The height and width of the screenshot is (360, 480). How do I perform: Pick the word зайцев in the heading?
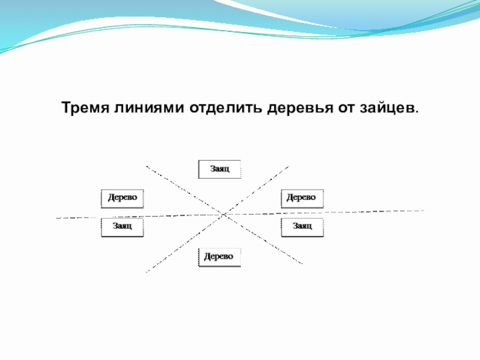point(388,109)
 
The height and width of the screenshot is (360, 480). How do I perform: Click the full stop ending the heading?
point(417,112)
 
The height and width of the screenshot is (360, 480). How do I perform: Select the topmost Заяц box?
point(220,169)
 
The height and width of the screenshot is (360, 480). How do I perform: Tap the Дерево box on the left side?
point(123,197)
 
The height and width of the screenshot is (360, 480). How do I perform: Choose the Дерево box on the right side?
point(302,197)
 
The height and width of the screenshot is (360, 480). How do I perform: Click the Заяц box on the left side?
point(123,227)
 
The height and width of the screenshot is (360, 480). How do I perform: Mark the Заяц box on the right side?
point(302,227)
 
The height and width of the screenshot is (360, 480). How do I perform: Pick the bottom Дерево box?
point(220,257)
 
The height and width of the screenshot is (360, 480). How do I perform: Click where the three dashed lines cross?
point(224,214)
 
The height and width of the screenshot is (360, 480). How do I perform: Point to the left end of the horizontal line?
point(57,218)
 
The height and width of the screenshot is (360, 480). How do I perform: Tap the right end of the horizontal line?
point(424,211)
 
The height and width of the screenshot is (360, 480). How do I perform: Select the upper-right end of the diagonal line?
point(289,166)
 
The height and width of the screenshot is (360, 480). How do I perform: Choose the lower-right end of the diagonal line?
point(302,263)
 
